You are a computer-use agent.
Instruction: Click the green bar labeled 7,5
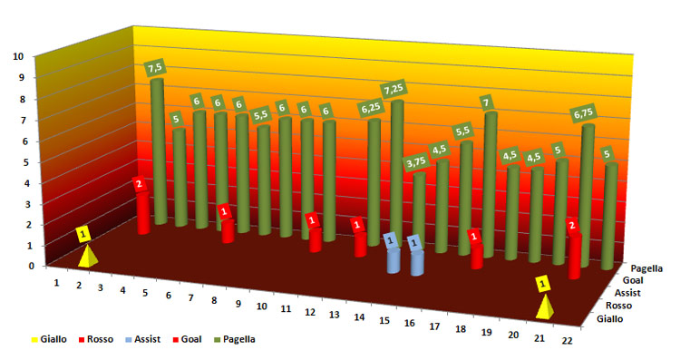[x=159, y=151]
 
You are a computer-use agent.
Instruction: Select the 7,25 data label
[x=394, y=90]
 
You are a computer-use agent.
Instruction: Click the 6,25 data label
[x=370, y=108]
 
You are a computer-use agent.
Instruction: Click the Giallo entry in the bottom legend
[x=49, y=339]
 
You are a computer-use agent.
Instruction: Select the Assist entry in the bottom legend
[x=142, y=339]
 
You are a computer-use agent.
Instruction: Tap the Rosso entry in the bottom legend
[x=96, y=339]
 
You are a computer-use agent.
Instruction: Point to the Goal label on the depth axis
[x=632, y=280]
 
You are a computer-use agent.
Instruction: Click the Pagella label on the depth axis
[x=646, y=268]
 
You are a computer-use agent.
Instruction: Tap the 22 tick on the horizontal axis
[x=567, y=340]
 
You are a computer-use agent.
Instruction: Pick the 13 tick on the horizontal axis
[x=334, y=315]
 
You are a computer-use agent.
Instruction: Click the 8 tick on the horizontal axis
[x=214, y=300]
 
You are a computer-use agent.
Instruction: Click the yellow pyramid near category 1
[x=88, y=257]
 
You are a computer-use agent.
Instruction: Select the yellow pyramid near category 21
[x=545, y=307]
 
